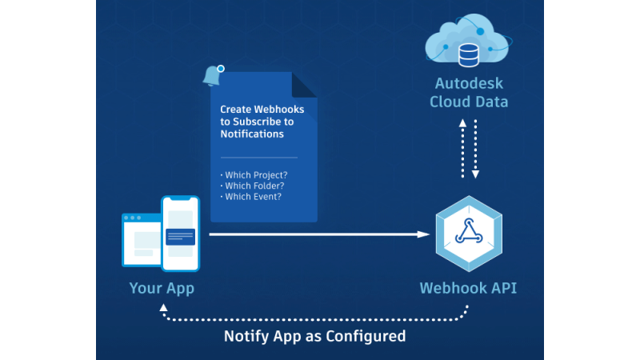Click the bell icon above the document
pos(213,75)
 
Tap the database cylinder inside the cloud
pos(468,54)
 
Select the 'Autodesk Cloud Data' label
pos(468,92)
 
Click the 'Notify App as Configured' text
pos(314,336)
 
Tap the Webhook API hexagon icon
pos(468,233)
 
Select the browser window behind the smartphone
pos(141,239)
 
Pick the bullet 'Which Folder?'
pos(252,186)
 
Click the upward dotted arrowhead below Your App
pos(163,308)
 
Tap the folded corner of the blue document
pos(303,84)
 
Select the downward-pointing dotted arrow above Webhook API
pos(475,149)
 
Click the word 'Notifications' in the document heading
pos(252,134)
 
